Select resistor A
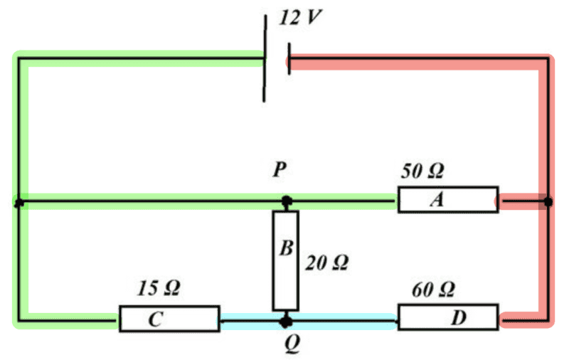point(447,201)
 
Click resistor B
point(285,260)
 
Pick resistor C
point(168,319)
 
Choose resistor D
point(448,317)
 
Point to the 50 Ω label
point(423,171)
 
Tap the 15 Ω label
point(158,289)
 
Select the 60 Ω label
point(433,290)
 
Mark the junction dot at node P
point(286,202)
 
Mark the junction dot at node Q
point(286,321)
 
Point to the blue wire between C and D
point(341,320)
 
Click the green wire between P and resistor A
point(341,201)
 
